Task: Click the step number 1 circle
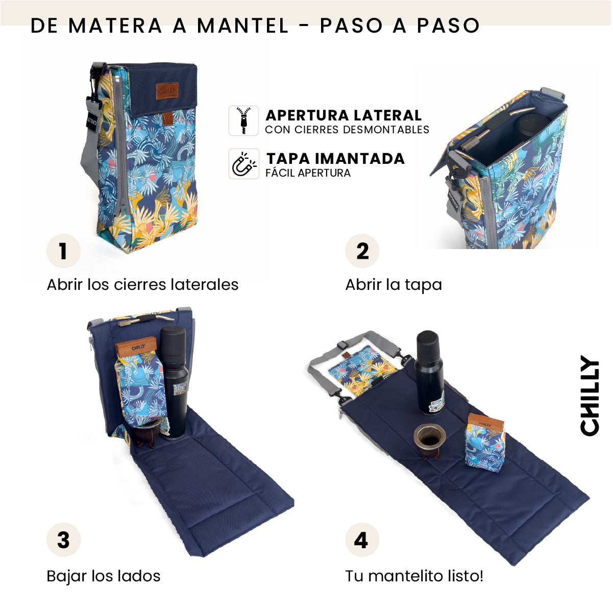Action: pyautogui.click(x=63, y=251)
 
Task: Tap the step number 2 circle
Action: pyautogui.click(x=362, y=251)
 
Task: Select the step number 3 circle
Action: pyautogui.click(x=63, y=540)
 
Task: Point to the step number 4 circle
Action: pyautogui.click(x=362, y=540)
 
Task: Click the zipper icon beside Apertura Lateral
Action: pyautogui.click(x=243, y=121)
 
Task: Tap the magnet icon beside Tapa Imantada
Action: pyautogui.click(x=243, y=164)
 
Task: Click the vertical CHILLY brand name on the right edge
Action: pyautogui.click(x=590, y=396)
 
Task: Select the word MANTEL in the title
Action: pyautogui.click(x=242, y=26)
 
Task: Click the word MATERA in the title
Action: pyautogui.click(x=115, y=26)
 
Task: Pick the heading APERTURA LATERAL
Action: pyautogui.click(x=344, y=115)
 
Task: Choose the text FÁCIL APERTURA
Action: pyautogui.click(x=308, y=173)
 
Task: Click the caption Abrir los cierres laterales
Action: pyautogui.click(x=142, y=284)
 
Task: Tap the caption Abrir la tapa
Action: pyautogui.click(x=394, y=284)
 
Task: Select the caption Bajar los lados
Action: pyautogui.click(x=104, y=576)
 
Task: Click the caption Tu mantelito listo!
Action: pyautogui.click(x=414, y=576)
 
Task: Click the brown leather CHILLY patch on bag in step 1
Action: pyautogui.click(x=167, y=91)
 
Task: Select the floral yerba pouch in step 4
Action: pyautogui.click(x=485, y=442)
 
